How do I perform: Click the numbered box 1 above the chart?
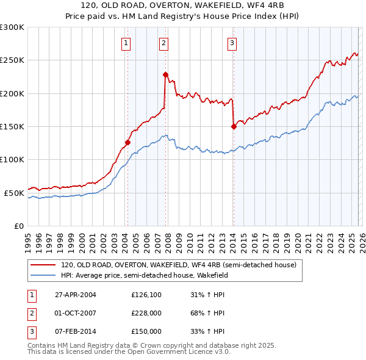[126, 43]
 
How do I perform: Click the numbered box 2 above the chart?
[164, 43]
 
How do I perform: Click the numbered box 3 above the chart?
[232, 43]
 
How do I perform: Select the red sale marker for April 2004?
[127, 142]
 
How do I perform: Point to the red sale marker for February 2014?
[234, 126]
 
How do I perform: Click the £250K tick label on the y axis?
[12, 60]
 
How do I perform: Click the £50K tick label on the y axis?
[14, 193]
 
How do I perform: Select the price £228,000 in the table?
[146, 314]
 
